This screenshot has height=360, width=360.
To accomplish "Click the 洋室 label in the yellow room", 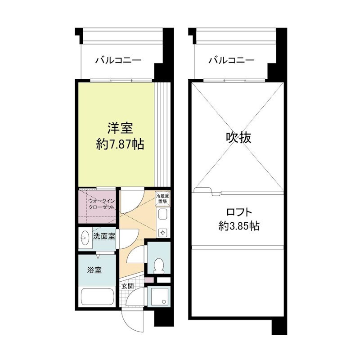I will [x=120, y=128].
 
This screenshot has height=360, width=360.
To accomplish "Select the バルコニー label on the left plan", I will [x=118, y=60].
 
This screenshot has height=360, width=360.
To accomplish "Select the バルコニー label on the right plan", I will [x=231, y=60].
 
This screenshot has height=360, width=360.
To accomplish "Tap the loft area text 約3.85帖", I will [x=238, y=226].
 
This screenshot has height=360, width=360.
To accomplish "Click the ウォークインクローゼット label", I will [x=100, y=204].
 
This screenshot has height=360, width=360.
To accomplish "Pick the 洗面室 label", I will [x=104, y=235].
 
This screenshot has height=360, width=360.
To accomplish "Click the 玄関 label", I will [x=127, y=286].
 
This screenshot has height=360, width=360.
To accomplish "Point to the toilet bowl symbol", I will [x=157, y=266].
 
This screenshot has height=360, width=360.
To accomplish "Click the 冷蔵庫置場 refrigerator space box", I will [x=162, y=198].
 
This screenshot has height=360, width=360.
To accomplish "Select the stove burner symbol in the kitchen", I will [x=162, y=232].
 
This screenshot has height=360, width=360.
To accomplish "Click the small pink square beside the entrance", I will [x=150, y=281].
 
